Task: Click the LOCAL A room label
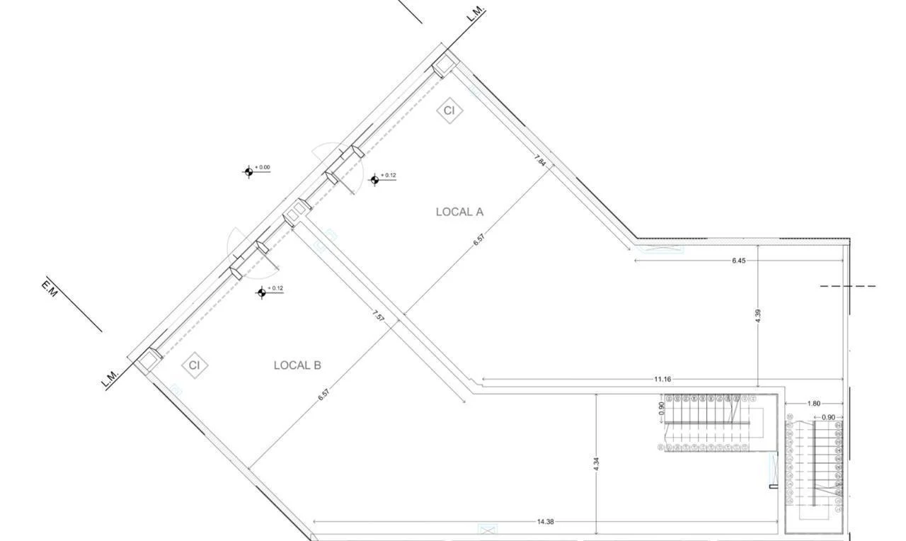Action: pos(459,212)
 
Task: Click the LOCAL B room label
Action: pos(297,365)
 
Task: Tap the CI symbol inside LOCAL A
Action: pos(449,110)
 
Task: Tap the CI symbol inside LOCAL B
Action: pos(195,365)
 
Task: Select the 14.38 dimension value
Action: pos(545,522)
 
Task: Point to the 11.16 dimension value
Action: pos(663,380)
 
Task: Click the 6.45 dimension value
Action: pos(738,261)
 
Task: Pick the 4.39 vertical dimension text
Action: pos(758,316)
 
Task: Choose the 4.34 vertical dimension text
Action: pos(597,465)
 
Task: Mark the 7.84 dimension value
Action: pos(541,161)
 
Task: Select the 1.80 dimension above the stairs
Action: pos(813,404)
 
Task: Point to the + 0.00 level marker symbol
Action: pos(248,172)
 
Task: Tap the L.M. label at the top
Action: pos(476,14)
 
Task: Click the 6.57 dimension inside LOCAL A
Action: pos(479,239)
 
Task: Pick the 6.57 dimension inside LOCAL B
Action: pos(323,395)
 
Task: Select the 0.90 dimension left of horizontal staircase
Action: pos(662,409)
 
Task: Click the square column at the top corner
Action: pos(445,65)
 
